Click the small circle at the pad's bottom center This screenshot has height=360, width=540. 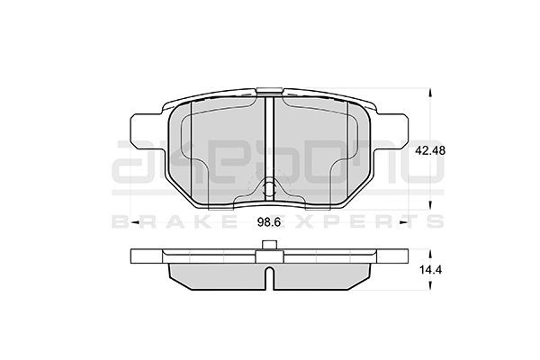pyautogui.click(x=270, y=188)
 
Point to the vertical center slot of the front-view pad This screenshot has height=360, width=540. pyautogui.click(x=270, y=135)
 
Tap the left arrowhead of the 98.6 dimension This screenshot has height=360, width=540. pyautogui.click(x=135, y=220)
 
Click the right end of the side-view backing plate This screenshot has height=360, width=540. pyautogui.click(x=404, y=257)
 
